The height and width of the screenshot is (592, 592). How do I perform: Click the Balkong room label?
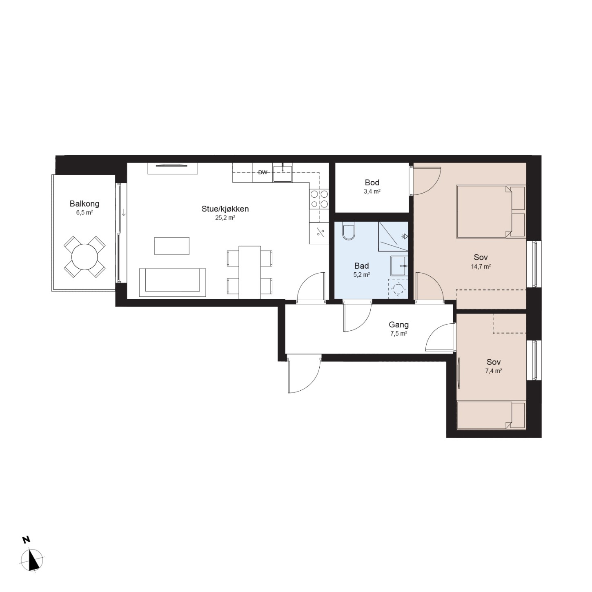85,204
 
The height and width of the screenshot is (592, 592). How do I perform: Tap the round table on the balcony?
85,256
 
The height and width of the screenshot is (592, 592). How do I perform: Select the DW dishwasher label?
263,173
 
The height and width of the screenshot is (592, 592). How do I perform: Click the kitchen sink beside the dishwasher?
283,173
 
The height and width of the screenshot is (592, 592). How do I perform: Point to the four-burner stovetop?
319,199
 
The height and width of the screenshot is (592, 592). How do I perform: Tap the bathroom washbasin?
399,266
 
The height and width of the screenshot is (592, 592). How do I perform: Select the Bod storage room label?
372,182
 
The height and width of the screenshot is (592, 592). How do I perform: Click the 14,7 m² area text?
481,267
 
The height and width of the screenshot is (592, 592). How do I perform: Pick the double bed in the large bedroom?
491,211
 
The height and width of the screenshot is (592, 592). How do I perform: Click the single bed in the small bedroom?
491,415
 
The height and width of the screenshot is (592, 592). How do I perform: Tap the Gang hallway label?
399,325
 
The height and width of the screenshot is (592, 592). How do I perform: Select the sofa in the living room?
172,283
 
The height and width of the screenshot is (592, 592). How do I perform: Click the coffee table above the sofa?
172,246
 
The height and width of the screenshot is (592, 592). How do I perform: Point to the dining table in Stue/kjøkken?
249,272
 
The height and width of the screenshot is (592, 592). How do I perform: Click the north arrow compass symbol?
32,563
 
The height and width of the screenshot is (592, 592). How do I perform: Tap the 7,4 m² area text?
494,371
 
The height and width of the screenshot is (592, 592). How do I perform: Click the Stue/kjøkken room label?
225,209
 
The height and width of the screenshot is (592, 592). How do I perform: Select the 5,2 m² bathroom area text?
362,275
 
